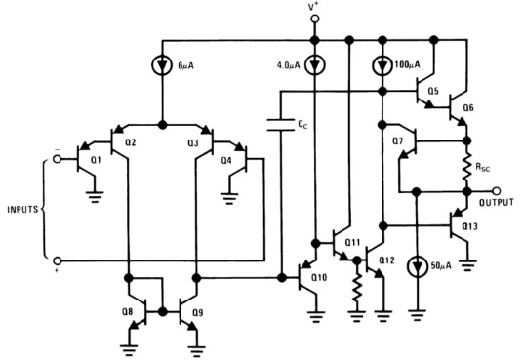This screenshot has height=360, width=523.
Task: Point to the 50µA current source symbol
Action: (x=417, y=265)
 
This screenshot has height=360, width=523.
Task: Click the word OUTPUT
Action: (x=498, y=203)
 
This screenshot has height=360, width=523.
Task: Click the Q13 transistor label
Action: (x=471, y=225)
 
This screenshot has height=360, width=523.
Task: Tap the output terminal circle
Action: (x=496, y=191)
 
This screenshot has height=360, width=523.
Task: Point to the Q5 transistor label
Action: (x=436, y=92)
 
